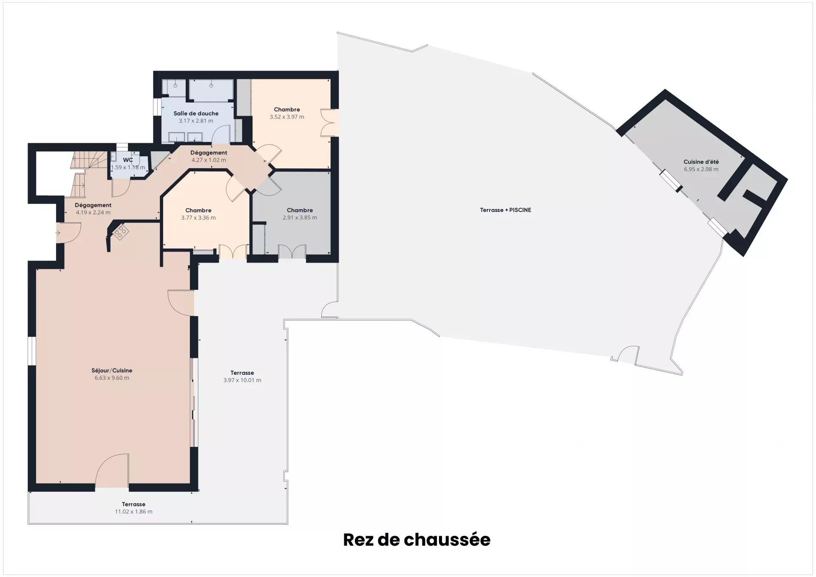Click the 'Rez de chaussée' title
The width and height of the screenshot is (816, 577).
[416, 540]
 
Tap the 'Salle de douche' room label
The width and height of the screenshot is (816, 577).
[196, 113]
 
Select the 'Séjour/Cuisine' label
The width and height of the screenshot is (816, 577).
[112, 371]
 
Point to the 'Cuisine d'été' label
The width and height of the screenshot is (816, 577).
[701, 162]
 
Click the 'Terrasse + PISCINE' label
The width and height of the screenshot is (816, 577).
[505, 210]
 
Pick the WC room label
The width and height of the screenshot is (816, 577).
[128, 160]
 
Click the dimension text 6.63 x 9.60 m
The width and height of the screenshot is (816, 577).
[112, 378]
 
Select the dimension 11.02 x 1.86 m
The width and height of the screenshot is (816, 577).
[133, 512]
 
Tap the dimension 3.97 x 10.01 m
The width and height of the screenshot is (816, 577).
[242, 380]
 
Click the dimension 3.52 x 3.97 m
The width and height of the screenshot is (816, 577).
[287, 117]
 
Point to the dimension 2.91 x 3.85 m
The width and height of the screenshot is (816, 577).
[300, 218]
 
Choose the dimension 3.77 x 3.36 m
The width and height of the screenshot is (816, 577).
[198, 218]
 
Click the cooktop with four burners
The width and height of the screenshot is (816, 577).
[121, 232]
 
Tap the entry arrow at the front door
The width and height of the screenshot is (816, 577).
[58, 233]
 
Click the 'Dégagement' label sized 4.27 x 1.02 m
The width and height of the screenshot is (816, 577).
[209, 153]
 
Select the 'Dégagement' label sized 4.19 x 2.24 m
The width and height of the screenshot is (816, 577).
[93, 205]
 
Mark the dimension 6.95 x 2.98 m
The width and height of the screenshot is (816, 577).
[701, 169]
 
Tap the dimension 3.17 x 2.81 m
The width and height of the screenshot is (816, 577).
[196, 121]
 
